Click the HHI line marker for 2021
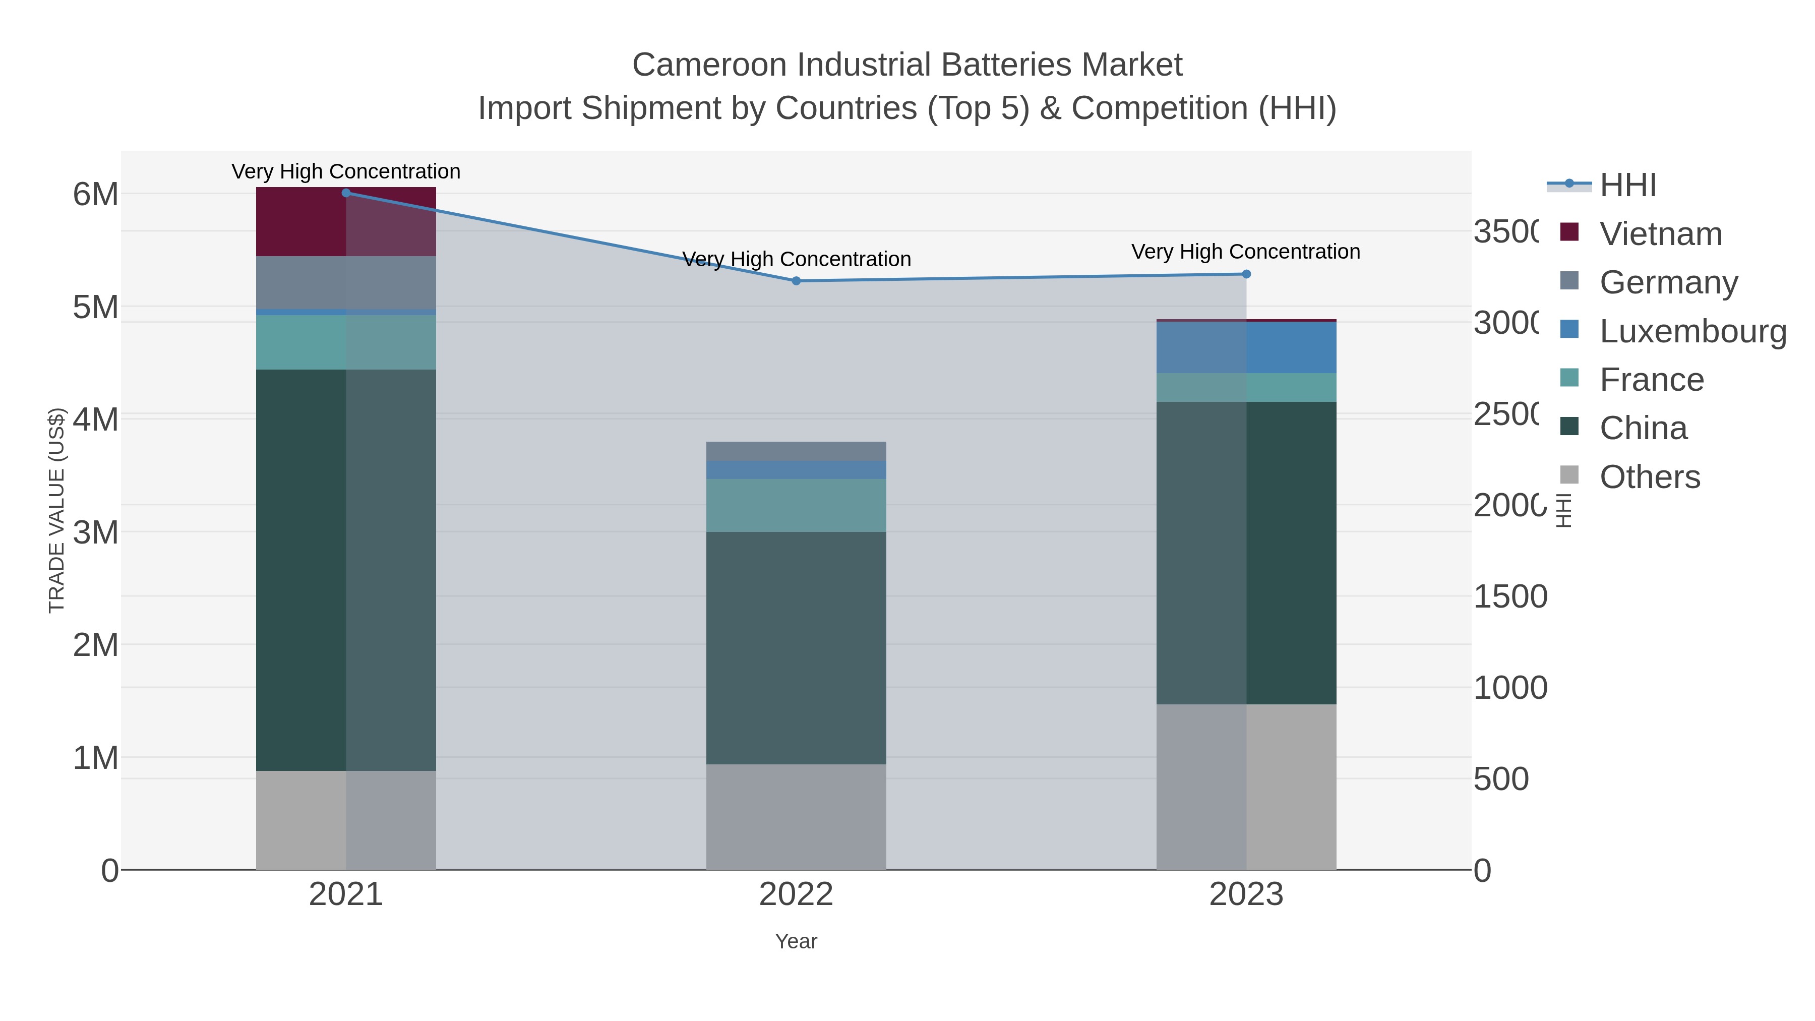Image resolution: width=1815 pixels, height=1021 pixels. (x=346, y=193)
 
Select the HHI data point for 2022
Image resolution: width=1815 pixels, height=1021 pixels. (x=796, y=281)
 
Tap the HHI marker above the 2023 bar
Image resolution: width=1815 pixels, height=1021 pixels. (x=1246, y=274)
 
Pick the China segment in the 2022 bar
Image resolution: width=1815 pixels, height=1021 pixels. (x=796, y=648)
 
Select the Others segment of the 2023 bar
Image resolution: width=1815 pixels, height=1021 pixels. (x=1246, y=787)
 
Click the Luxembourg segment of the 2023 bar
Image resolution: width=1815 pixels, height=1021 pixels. (x=1246, y=347)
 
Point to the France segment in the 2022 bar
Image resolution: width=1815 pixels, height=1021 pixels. (x=796, y=505)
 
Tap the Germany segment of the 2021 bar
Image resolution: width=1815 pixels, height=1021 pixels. (x=346, y=282)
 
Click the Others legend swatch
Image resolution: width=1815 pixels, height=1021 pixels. (x=1570, y=475)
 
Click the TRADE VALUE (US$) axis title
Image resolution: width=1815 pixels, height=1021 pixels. (x=56, y=510)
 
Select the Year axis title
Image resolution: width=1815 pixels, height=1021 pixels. (x=796, y=941)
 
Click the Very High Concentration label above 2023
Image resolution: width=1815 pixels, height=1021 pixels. (x=1246, y=252)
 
